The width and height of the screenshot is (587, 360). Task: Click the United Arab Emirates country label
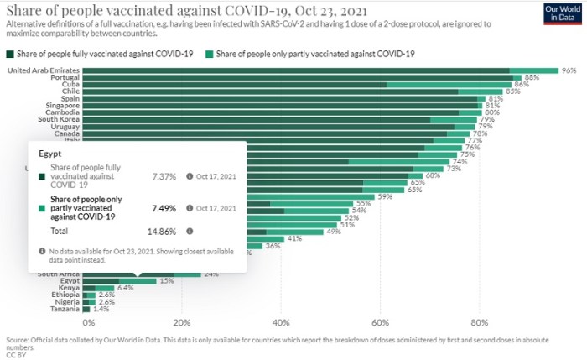pyautogui.click(x=44, y=70)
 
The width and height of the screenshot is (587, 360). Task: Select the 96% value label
pyautogui.click(x=569, y=70)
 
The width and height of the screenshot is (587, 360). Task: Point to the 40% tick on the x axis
pyautogui.click(x=281, y=321)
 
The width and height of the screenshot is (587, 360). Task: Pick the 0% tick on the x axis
pyautogui.click(x=87, y=321)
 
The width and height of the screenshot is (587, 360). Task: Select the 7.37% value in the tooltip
pyautogui.click(x=164, y=177)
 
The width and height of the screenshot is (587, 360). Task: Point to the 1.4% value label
pyautogui.click(x=101, y=310)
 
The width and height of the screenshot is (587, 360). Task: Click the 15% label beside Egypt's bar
pyautogui.click(x=167, y=280)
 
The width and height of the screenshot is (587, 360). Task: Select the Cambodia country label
pyautogui.click(x=60, y=112)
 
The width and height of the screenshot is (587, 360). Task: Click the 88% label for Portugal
pyautogui.click(x=532, y=77)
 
